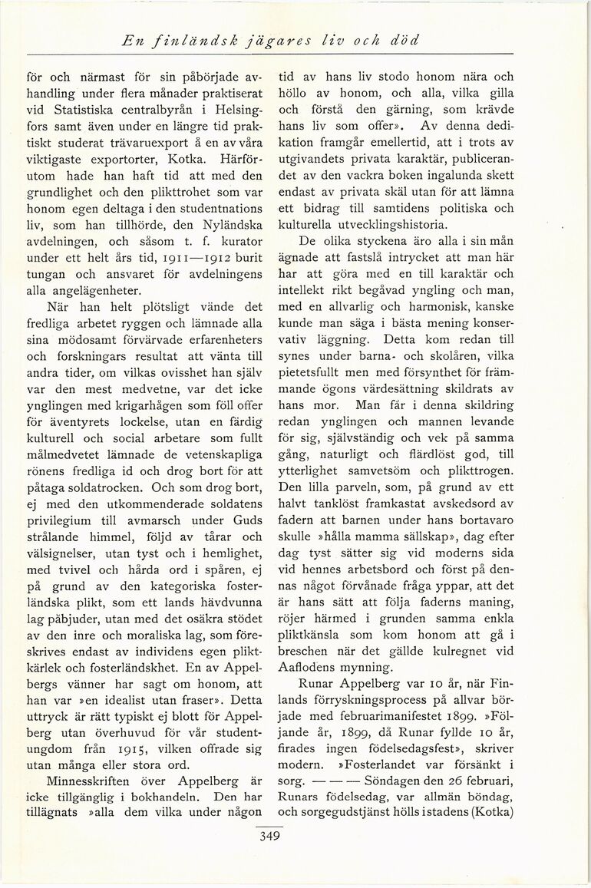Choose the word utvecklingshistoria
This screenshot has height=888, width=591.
click(395, 226)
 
